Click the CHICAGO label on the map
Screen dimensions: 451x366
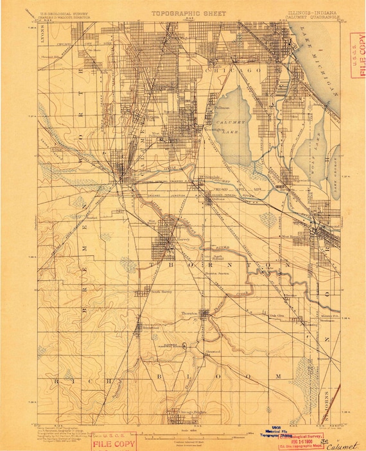pos(232,68)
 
